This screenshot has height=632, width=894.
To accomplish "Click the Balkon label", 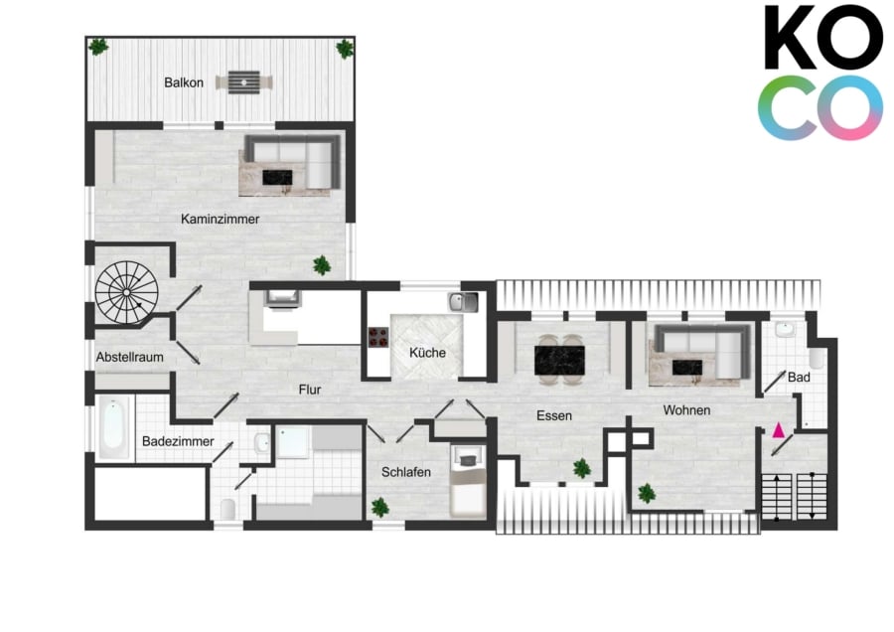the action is [184, 82].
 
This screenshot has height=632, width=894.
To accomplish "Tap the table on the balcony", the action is [244, 82].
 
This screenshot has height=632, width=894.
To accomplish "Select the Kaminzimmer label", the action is [221, 219].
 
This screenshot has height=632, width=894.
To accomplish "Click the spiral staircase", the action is [126, 292].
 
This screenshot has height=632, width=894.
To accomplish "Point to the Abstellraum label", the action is [129, 357].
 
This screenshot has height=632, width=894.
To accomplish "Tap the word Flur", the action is [310, 390].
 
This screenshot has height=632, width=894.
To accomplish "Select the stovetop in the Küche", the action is [378, 337].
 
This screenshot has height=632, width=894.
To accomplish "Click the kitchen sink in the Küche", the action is [463, 302].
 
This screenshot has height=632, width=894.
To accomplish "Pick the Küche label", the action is [427, 353].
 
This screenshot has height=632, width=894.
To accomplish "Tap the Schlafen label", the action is [406, 472].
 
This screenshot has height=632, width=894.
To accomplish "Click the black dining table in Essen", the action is [559, 360].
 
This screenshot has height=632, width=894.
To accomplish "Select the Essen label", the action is [554, 415].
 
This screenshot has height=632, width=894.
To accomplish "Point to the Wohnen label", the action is [686, 410].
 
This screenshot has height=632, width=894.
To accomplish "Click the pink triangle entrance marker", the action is [778, 430].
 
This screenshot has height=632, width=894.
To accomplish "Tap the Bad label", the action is [799, 377].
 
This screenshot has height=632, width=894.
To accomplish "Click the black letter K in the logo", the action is [793, 37].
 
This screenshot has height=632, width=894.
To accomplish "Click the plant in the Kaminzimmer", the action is [322, 265].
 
